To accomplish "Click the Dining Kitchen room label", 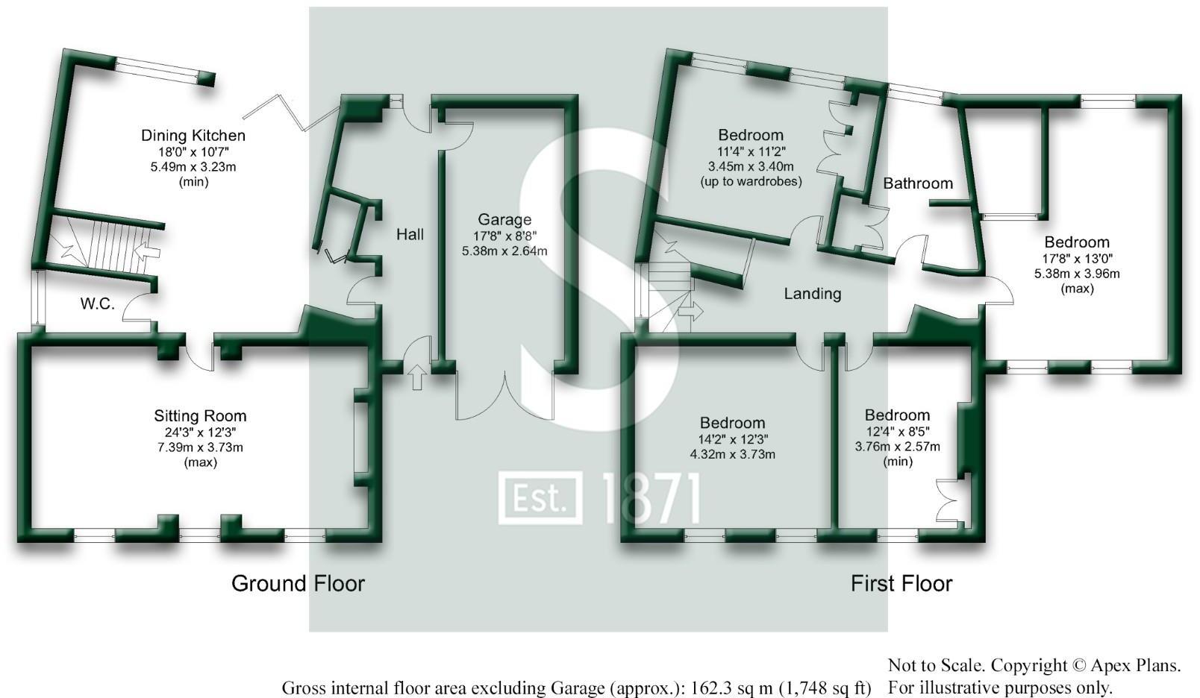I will click(x=193, y=136).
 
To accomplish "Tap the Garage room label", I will click(x=504, y=219).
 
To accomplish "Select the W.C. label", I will click(x=97, y=304).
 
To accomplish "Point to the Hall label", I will click(x=410, y=235).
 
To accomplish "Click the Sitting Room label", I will click(x=200, y=416).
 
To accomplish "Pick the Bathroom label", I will click(x=918, y=183).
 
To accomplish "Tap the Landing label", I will click(x=812, y=294).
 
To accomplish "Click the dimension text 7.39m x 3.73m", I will click(x=200, y=447).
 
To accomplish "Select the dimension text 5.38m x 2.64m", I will click(x=504, y=251).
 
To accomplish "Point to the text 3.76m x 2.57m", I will click(x=897, y=447).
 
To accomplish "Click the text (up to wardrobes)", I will click(x=751, y=181).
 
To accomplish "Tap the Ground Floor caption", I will click(x=298, y=583).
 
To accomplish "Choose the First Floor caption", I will click(x=901, y=583).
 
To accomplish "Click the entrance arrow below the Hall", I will click(x=416, y=377).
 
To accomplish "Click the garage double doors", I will click(x=504, y=395).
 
